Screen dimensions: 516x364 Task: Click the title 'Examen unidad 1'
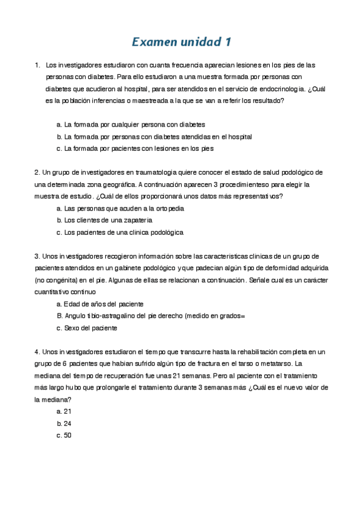(182, 42)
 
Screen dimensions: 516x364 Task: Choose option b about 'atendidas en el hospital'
(154, 137)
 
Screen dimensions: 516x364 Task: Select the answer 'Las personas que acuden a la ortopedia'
(120, 208)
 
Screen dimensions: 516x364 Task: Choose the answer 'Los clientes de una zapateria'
(104, 220)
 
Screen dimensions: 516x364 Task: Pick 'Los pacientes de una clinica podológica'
(119, 232)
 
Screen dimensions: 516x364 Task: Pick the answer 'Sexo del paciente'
(86, 328)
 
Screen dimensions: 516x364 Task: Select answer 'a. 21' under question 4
(64, 411)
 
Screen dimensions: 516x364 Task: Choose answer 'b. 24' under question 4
(64, 423)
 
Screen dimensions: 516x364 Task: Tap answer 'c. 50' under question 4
(64, 435)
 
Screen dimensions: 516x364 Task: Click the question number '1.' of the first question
(38, 65)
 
